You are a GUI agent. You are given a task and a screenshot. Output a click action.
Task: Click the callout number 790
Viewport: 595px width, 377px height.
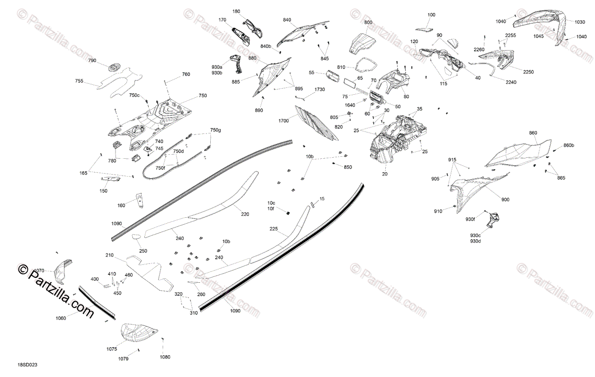click(x=92, y=61)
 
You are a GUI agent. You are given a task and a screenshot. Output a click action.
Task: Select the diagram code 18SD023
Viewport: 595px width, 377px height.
click(x=27, y=365)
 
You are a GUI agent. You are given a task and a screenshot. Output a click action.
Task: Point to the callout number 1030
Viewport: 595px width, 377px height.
click(x=580, y=22)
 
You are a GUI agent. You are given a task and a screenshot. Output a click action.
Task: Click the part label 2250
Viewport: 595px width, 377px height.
click(x=528, y=72)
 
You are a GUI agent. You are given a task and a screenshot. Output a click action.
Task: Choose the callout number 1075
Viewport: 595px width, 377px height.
click(x=112, y=349)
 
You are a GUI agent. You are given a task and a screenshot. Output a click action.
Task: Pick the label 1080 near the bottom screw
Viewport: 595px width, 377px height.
click(x=165, y=357)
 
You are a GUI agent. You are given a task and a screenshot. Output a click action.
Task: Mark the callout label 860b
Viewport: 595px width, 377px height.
click(x=569, y=145)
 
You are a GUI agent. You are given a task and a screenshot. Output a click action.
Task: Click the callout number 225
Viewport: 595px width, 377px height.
click(x=274, y=229)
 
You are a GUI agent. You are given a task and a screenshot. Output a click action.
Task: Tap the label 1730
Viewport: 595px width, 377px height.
click(x=320, y=89)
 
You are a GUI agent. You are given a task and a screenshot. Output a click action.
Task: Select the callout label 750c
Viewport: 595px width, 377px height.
click(x=134, y=95)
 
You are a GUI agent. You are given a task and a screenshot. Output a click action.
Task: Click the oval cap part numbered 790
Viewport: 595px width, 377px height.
click(x=115, y=67)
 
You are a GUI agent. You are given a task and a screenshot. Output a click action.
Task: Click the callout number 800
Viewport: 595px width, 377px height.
click(x=368, y=23)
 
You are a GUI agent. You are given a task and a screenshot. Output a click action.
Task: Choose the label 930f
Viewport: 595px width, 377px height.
click(x=470, y=219)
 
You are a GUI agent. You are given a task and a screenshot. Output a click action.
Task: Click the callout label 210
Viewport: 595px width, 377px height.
click(x=110, y=255)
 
